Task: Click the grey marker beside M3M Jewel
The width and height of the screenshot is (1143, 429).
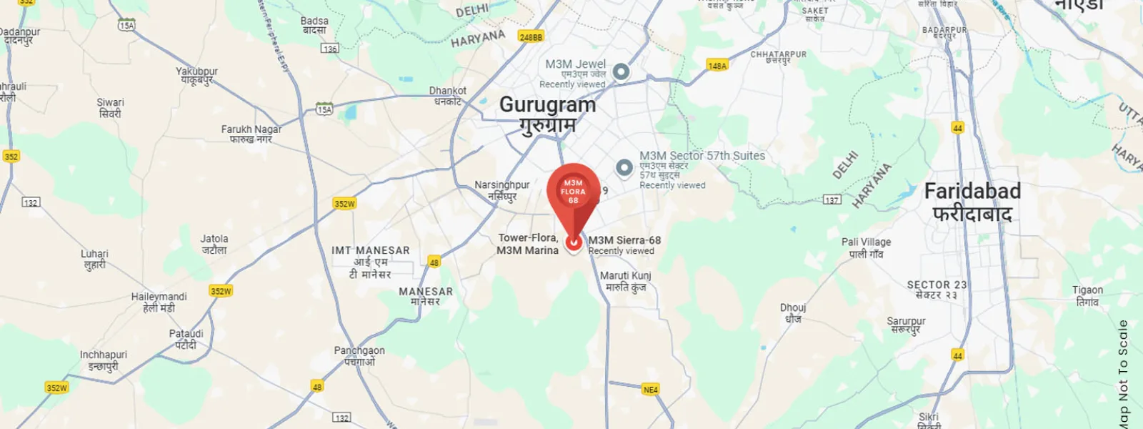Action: tap(622, 71)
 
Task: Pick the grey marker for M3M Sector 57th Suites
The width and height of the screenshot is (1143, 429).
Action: tap(624, 167)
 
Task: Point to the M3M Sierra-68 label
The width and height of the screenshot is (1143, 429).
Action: tap(624, 240)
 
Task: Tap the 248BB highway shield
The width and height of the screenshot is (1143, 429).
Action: tap(531, 36)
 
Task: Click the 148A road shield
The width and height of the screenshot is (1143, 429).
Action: tap(717, 65)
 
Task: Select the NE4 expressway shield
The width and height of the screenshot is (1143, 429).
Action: tap(650, 390)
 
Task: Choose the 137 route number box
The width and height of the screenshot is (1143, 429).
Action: tap(832, 199)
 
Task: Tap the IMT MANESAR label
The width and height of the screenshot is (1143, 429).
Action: tap(370, 251)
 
